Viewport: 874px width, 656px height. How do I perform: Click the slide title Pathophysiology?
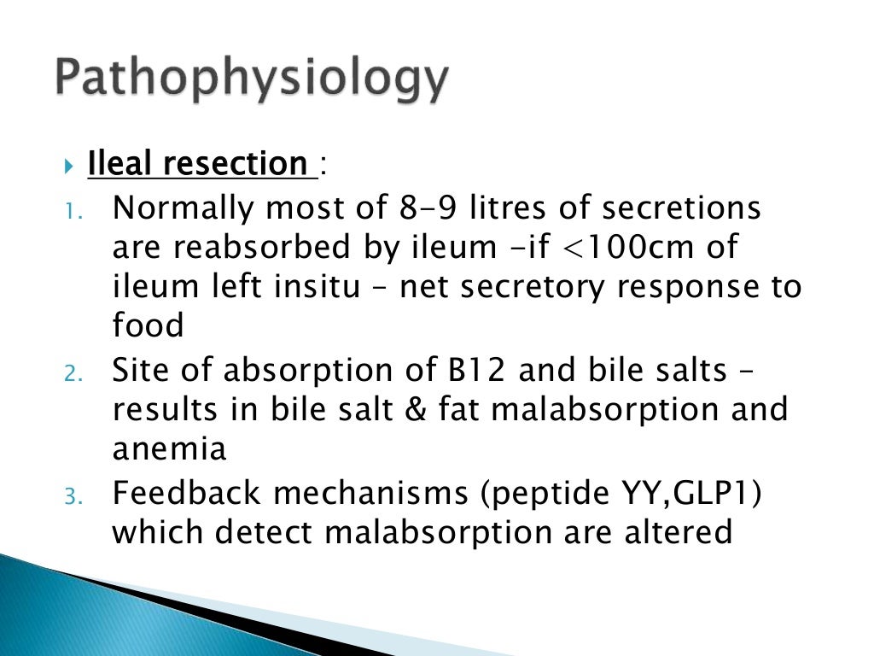tap(253, 81)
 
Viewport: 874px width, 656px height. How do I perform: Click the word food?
tap(148, 326)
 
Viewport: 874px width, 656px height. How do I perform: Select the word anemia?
tap(169, 450)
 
